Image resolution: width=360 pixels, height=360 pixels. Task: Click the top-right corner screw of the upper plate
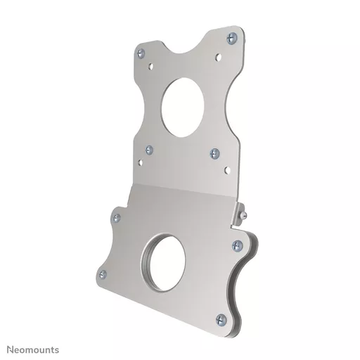[232, 38]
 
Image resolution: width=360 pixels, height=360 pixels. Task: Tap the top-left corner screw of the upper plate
[141, 53]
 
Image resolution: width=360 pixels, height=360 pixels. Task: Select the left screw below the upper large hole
[149, 150]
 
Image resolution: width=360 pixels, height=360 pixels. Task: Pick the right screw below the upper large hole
[214, 153]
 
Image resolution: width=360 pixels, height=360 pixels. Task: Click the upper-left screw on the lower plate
[117, 218]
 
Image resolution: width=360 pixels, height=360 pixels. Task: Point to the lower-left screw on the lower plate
[103, 274]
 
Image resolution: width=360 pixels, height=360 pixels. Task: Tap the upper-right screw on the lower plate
[237, 245]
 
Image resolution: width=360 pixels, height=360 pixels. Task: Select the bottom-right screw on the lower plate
[221, 320]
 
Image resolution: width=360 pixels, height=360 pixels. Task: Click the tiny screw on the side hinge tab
[244, 215]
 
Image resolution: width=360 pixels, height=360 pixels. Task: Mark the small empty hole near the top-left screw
[150, 67]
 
